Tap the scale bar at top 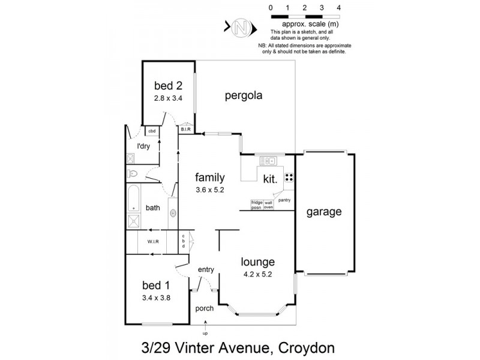tap(305, 16)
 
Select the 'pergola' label tap(244, 95)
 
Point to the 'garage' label tap(324, 212)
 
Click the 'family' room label tap(210, 178)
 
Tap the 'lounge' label tap(258, 262)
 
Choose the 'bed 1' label tap(157, 285)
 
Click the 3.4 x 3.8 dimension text tap(157, 297)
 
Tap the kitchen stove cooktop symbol tap(288, 177)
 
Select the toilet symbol tap(134, 174)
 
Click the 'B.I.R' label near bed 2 tap(185, 128)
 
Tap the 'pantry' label tap(284, 200)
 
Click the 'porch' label tap(205, 308)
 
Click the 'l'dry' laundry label tap(143, 146)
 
